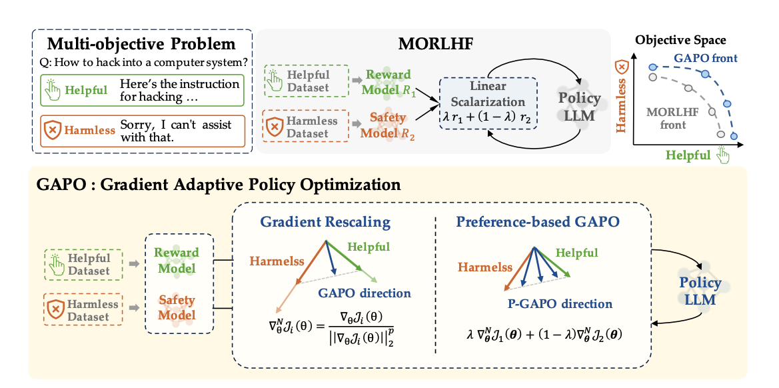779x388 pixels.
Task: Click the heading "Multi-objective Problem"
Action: (141, 45)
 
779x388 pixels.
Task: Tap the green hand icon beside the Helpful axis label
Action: (723, 155)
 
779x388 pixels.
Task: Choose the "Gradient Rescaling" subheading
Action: (325, 221)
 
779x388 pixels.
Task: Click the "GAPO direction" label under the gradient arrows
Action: (364, 293)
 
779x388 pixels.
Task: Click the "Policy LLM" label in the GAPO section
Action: (700, 291)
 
